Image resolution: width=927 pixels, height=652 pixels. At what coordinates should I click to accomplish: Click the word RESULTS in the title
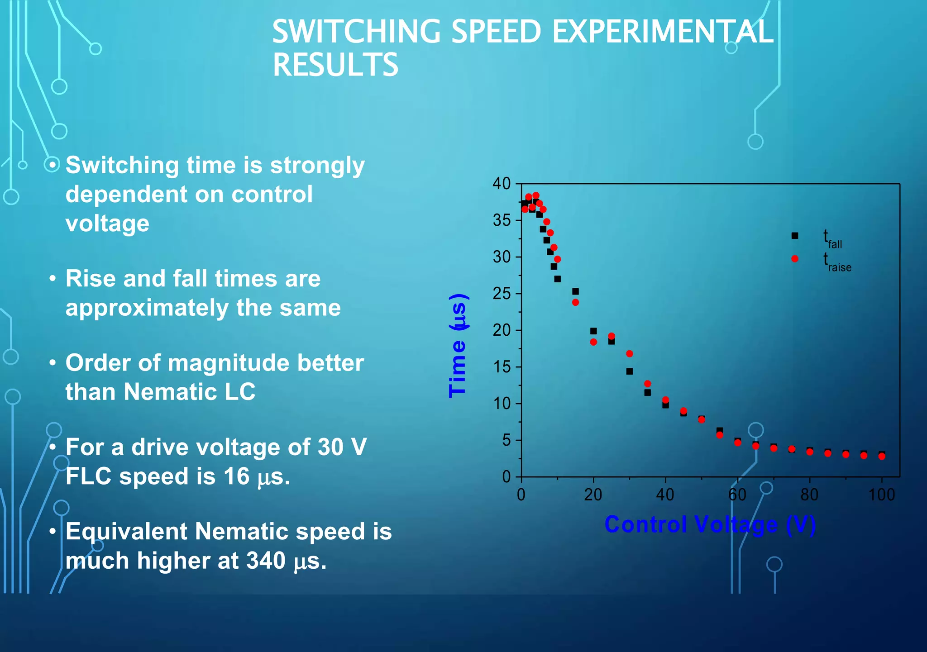[335, 65]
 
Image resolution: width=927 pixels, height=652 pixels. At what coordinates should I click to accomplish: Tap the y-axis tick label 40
[502, 184]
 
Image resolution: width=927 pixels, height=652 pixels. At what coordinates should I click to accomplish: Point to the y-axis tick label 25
[502, 294]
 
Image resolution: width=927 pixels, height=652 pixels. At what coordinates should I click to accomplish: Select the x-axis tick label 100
[881, 495]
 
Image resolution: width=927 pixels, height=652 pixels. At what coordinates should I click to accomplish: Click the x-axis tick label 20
[593, 495]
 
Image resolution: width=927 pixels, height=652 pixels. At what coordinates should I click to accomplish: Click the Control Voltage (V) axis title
[710, 525]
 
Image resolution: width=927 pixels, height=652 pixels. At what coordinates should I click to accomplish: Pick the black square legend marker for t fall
[795, 236]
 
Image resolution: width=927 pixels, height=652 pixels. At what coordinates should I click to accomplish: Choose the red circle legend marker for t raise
[795, 259]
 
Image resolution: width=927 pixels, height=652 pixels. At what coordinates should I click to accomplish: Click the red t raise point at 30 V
[630, 354]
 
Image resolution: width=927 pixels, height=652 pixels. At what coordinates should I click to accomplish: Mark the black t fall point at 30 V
[630, 371]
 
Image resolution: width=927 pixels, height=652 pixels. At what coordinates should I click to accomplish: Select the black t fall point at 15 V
[575, 291]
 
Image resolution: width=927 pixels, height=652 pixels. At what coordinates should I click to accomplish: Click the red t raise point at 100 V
[882, 457]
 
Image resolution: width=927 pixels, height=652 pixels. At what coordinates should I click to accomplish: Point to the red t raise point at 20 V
[593, 342]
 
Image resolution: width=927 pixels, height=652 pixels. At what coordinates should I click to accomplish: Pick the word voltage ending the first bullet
[107, 224]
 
